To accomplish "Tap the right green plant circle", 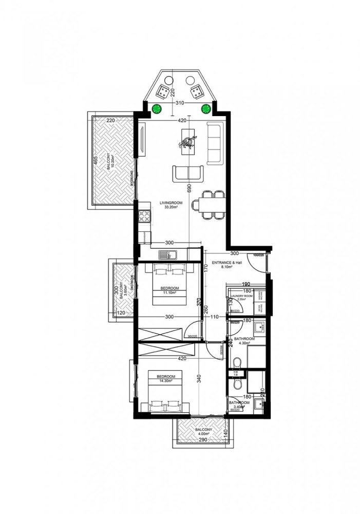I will pyautogui.click(x=206, y=108).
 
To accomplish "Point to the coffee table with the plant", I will pyautogui.click(x=189, y=138).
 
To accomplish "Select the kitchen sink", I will pyautogui.click(x=167, y=254).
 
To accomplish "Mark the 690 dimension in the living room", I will pyautogui.click(x=190, y=189).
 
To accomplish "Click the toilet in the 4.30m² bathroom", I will pyautogui.click(x=237, y=360).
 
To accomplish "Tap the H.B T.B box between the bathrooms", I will pyautogui.click(x=236, y=373).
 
